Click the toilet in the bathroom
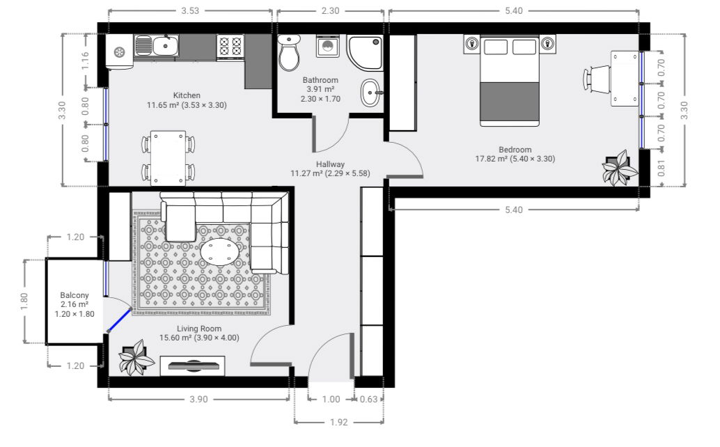pyautogui.click(x=289, y=52)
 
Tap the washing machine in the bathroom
pyautogui.click(x=328, y=47)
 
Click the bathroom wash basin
pyautogui.click(x=371, y=93)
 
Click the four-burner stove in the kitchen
pyautogui.click(x=230, y=47)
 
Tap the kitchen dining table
pyautogui.click(x=168, y=158)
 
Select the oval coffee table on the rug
pyautogui.click(x=220, y=252)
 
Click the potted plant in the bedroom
pyautogui.click(x=620, y=168)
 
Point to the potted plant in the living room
pyautogui.click(x=136, y=357)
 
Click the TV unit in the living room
pyautogui.click(x=192, y=366)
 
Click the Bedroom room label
pyautogui.click(x=515, y=150)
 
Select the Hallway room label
pyautogui.click(x=330, y=164)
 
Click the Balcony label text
pyautogui.click(x=75, y=295)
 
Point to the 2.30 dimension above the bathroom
pyautogui.click(x=330, y=10)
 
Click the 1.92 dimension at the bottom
pyautogui.click(x=339, y=422)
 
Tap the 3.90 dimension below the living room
pyautogui.click(x=199, y=399)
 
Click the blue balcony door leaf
pyautogui.click(x=119, y=321)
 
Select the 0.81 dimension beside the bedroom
pyautogui.click(x=662, y=168)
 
